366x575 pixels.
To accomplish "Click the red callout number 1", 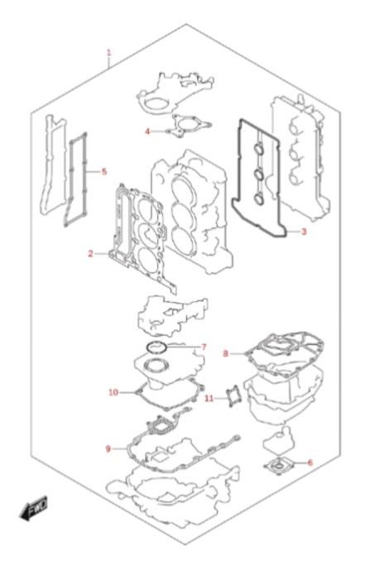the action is (x=108, y=53).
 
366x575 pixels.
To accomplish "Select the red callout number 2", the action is (x=91, y=253).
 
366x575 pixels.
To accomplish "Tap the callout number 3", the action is (x=304, y=232).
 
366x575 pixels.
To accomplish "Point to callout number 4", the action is (x=147, y=131).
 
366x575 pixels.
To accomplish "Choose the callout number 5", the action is (x=104, y=171).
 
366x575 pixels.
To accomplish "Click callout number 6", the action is (x=311, y=462).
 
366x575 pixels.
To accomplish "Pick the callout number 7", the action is (x=204, y=347).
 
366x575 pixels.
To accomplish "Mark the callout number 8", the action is (x=225, y=353).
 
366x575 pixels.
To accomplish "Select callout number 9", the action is (x=108, y=449).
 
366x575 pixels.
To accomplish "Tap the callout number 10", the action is (x=113, y=392).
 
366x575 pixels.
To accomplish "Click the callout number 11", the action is (x=209, y=398).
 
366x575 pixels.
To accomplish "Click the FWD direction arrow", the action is (x=33, y=508).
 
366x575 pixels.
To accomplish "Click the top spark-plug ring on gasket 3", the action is (x=260, y=150).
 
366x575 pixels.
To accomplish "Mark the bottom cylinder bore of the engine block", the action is (x=185, y=240).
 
